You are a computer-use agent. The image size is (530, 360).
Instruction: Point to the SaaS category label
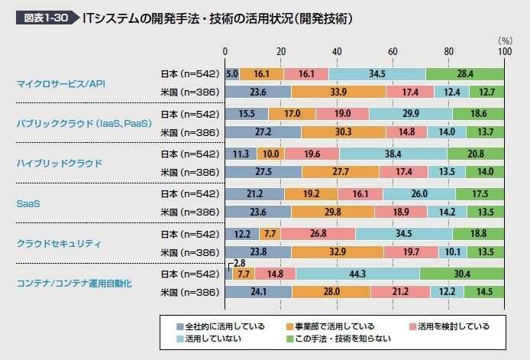[x=28, y=203]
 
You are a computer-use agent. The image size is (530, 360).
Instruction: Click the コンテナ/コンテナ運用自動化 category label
[x=73, y=283]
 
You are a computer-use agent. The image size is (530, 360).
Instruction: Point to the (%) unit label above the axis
[x=504, y=39]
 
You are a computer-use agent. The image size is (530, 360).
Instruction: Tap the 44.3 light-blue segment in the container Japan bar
[x=357, y=273]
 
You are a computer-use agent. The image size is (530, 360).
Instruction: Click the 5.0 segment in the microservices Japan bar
[x=233, y=73]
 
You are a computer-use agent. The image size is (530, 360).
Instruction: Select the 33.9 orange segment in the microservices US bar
[x=338, y=92]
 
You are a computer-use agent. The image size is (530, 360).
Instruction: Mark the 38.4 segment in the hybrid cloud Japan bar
[x=392, y=153]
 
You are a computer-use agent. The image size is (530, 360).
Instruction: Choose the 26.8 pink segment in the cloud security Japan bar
[x=317, y=233]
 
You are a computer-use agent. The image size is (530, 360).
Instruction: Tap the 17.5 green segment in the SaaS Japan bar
[x=480, y=193]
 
